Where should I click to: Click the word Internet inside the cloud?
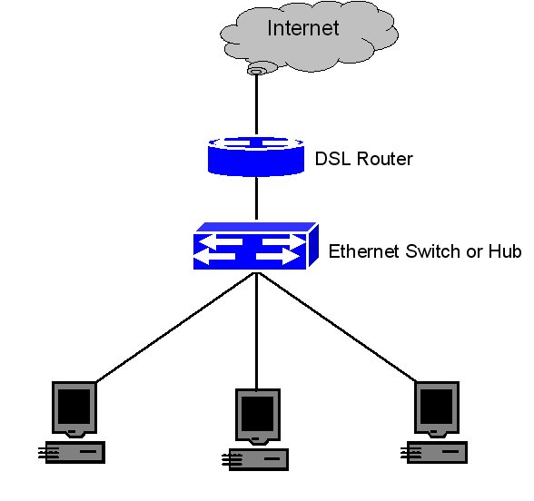pos(302,28)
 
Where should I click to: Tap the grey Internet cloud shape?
pos(236,41)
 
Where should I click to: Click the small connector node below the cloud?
pos(258,70)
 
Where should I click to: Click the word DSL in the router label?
pos(331,160)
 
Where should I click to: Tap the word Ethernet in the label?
pos(363,251)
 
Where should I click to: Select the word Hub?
pos(505,251)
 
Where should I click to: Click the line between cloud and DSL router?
pos(258,104)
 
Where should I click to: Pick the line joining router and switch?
pos(258,200)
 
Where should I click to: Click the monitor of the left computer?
pos(73,405)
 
